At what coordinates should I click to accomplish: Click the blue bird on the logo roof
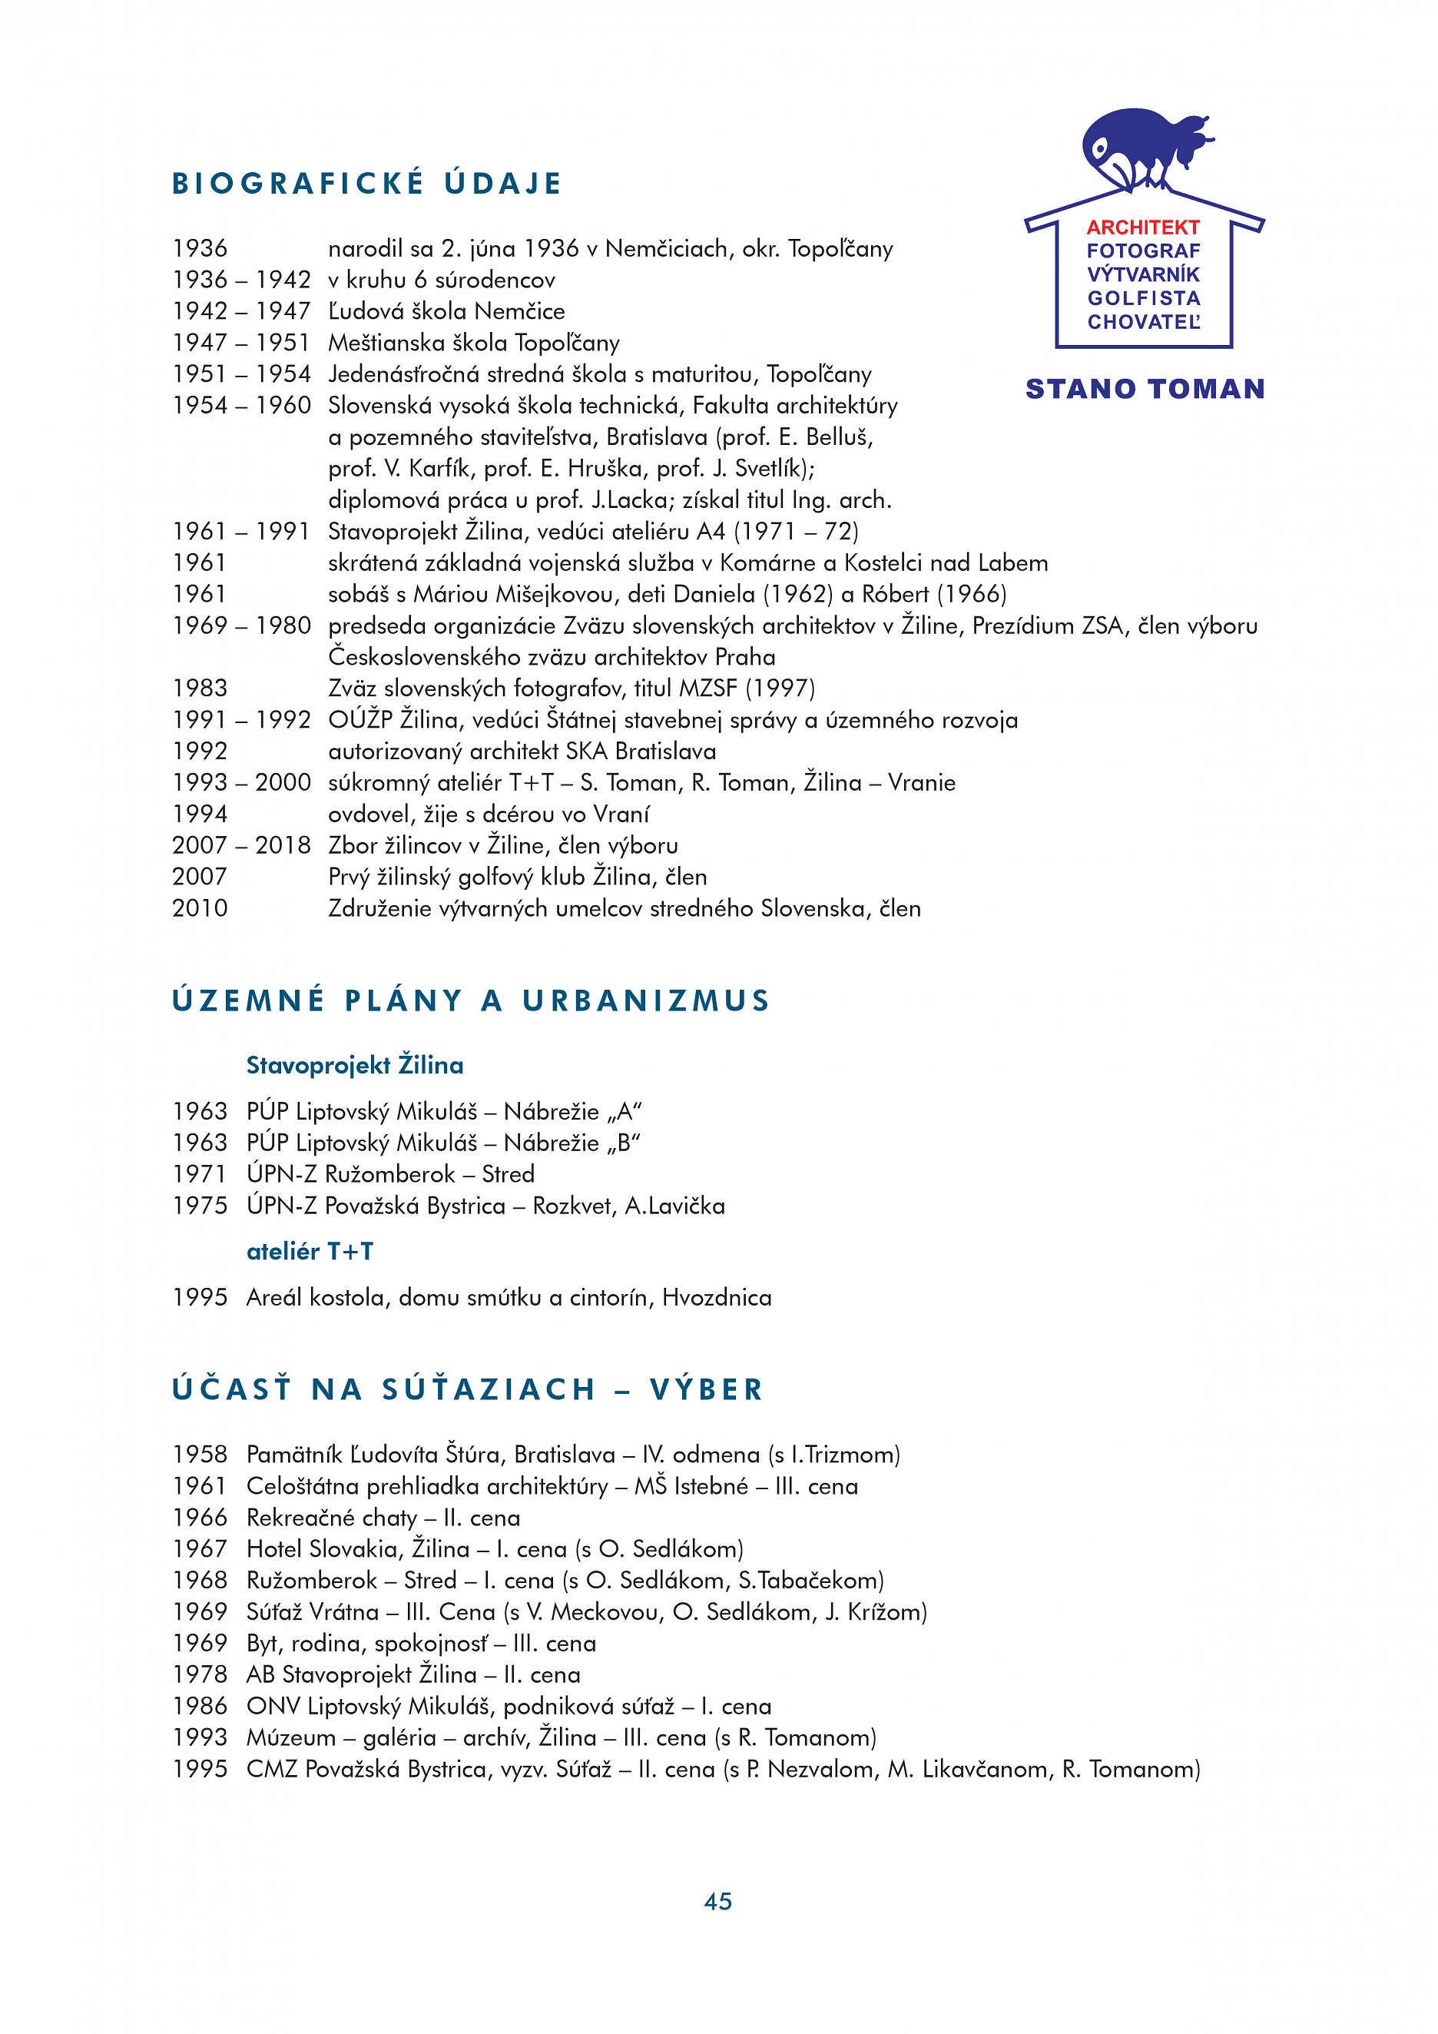click(1142, 147)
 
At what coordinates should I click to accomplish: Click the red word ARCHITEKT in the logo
click(1143, 227)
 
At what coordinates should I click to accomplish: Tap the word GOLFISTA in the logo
click(1144, 299)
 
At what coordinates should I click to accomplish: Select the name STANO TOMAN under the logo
click(1145, 389)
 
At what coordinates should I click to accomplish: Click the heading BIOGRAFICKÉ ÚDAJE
click(366, 184)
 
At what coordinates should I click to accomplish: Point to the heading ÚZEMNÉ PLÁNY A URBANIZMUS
click(470, 1000)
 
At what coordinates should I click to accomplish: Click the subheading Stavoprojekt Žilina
click(354, 1065)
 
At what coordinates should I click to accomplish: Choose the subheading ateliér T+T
click(310, 1251)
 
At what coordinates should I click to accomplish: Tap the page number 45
click(718, 1901)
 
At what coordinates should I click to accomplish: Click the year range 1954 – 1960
click(242, 406)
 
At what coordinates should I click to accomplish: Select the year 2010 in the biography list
click(200, 908)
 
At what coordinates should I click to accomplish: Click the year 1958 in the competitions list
click(200, 1455)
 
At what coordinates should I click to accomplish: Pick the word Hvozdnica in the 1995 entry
click(717, 1298)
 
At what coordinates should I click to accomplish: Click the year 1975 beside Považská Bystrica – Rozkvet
click(200, 1206)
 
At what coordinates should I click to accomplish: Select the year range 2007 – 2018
click(242, 845)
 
